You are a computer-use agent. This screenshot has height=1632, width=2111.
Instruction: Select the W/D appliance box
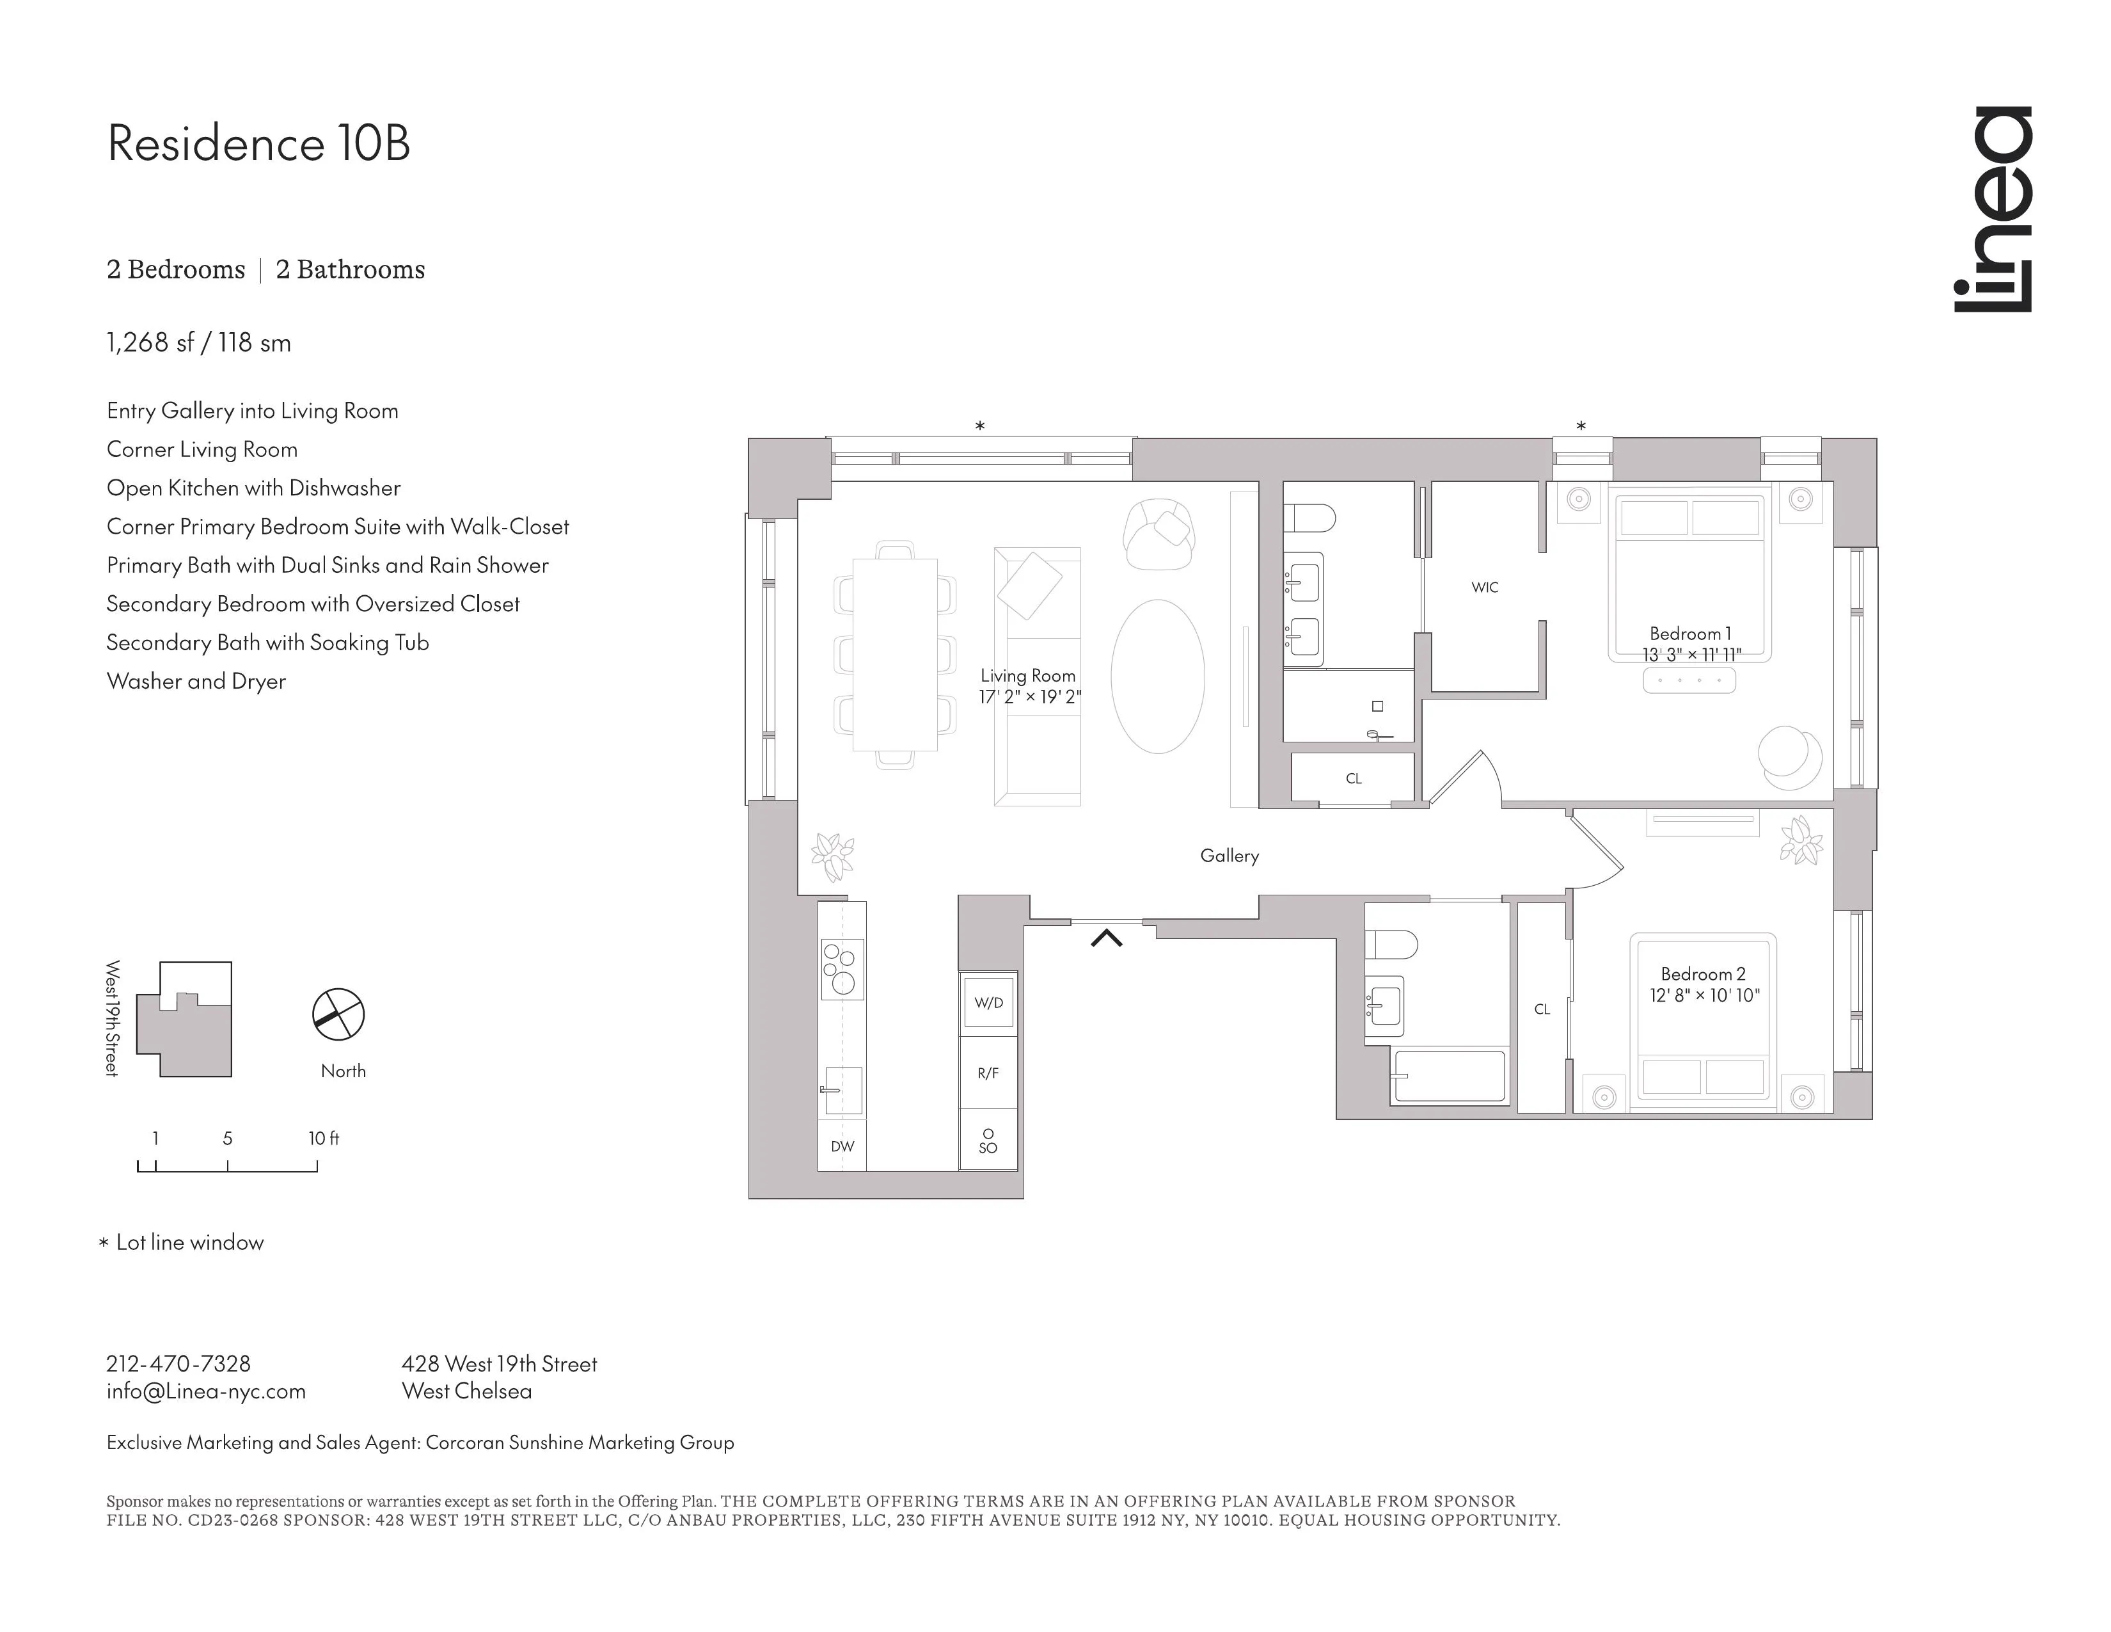988,1003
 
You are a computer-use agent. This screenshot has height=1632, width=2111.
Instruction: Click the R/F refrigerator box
988,1073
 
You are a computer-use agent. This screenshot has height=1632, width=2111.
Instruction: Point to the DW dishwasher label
842,1147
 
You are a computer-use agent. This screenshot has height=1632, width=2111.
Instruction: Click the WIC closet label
1485,587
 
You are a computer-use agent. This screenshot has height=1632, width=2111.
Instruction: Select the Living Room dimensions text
1029,696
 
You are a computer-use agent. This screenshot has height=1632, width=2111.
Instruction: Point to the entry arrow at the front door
1107,937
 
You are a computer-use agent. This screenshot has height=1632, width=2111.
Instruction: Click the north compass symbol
338,1014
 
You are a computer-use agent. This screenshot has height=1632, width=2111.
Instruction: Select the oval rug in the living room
1157,676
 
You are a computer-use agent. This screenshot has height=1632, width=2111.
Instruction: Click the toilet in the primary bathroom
1309,519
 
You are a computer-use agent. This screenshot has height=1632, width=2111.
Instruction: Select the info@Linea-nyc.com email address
206,1391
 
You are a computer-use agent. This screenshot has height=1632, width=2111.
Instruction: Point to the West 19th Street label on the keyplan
112,1018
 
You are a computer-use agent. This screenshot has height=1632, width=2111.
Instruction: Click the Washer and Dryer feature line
196,681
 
